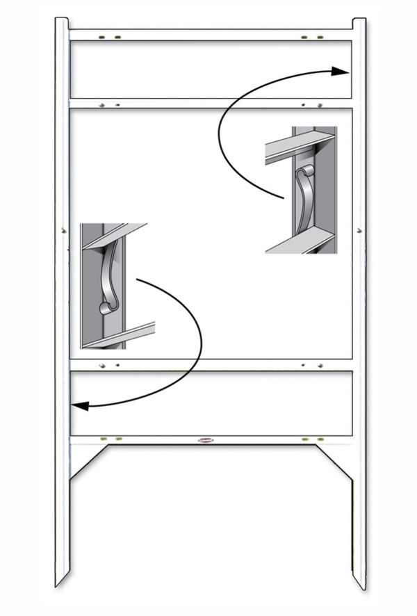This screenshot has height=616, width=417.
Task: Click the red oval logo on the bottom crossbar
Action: [x=206, y=439]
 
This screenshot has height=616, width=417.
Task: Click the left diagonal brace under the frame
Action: [x=90, y=462]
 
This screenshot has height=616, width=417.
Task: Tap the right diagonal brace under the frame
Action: [x=334, y=462]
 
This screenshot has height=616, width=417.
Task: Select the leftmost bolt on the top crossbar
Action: [x=102, y=36]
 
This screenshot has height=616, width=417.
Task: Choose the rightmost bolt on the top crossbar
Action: [x=320, y=36]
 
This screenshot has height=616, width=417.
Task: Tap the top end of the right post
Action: [x=359, y=21]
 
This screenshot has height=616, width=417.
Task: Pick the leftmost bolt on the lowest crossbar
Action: [x=103, y=439]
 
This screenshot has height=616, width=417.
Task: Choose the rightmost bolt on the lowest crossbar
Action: [x=320, y=439]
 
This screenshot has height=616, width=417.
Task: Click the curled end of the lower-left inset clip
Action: [x=106, y=307]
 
